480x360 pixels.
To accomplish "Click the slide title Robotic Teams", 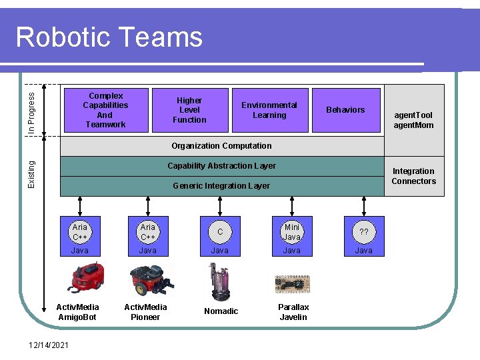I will pos(109,37).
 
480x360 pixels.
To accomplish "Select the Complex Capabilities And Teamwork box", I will pos(105,110).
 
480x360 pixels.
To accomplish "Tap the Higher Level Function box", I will pos(190,110).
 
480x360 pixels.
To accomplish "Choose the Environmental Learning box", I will pos(269,110).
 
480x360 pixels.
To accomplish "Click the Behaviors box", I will pos(345,110).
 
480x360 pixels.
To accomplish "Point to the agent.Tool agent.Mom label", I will pos(413,120).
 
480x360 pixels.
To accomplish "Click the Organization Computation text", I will pos(221,146).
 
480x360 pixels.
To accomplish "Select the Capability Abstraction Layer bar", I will pos(221,166).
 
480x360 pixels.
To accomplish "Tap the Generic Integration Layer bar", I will pos(221,186).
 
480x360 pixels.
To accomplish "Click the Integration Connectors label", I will pos(413,176).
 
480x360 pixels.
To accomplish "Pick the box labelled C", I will pos(220,231).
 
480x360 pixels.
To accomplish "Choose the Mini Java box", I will pos(292,232).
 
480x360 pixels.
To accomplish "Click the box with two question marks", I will pos(364,232).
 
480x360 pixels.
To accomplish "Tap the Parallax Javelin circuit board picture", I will pos(292,284).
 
